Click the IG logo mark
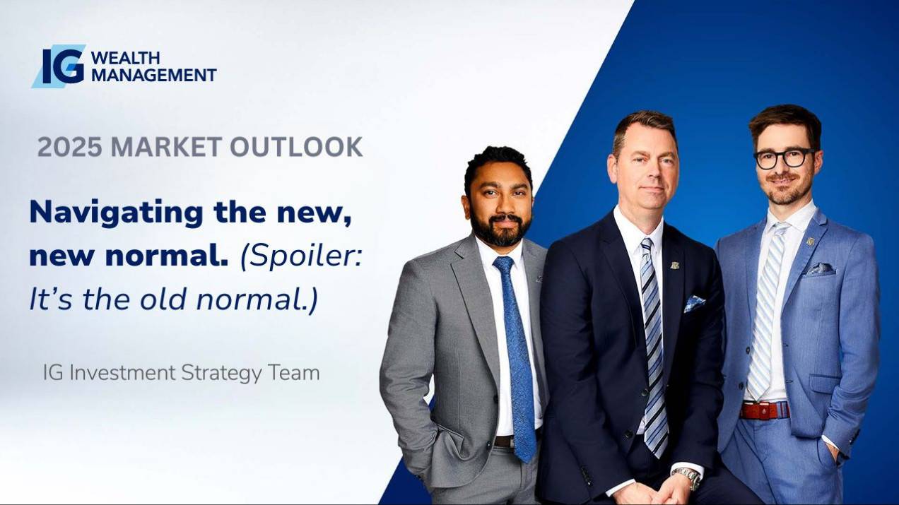pyautogui.click(x=59, y=66)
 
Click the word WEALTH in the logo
pyautogui.click(x=126, y=58)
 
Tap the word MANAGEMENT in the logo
pyautogui.click(x=154, y=75)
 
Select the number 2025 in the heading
pyautogui.click(x=70, y=147)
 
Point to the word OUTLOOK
pyautogui.click(x=296, y=147)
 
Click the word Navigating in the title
pyautogui.click(x=117, y=213)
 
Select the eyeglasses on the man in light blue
pyautogui.click(x=785, y=158)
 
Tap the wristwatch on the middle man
pyautogui.click(x=687, y=477)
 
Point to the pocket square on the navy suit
pyautogui.click(x=694, y=304)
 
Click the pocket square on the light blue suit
pyautogui.click(x=821, y=269)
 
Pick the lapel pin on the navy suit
pyautogui.click(x=674, y=266)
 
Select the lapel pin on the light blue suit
pyautogui.click(x=811, y=242)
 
